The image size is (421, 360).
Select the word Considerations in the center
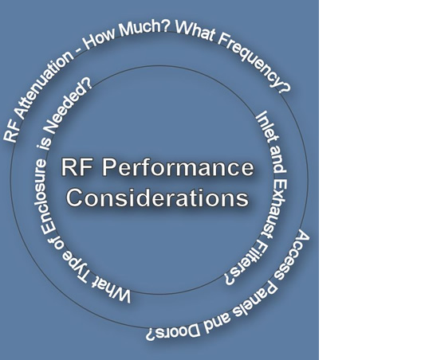point(158,198)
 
